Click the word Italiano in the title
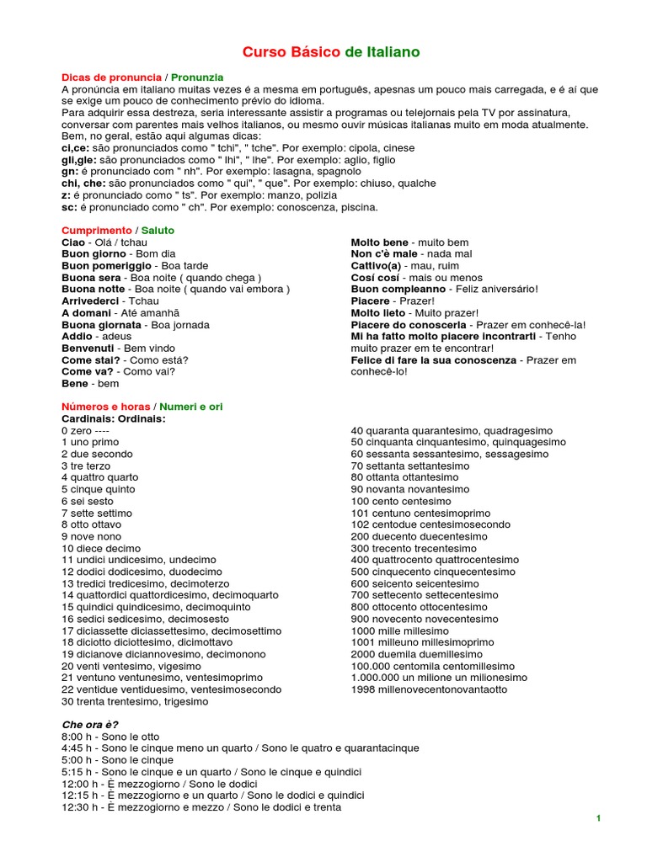pyautogui.click(x=393, y=52)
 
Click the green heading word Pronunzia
pyautogui.click(x=197, y=77)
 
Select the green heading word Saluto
pyautogui.click(x=158, y=230)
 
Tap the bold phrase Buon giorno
pyautogui.click(x=93, y=253)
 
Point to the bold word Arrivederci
pyautogui.click(x=90, y=301)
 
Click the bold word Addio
pyautogui.click(x=77, y=336)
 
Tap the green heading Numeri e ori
pyautogui.click(x=191, y=407)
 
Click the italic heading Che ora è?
pyautogui.click(x=90, y=724)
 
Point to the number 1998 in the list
pyautogui.click(x=362, y=689)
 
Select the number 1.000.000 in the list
pyautogui.click(x=375, y=678)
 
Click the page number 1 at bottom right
pyautogui.click(x=598, y=818)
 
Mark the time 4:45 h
pyautogui.click(x=78, y=748)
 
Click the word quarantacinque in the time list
pyautogui.click(x=381, y=748)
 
